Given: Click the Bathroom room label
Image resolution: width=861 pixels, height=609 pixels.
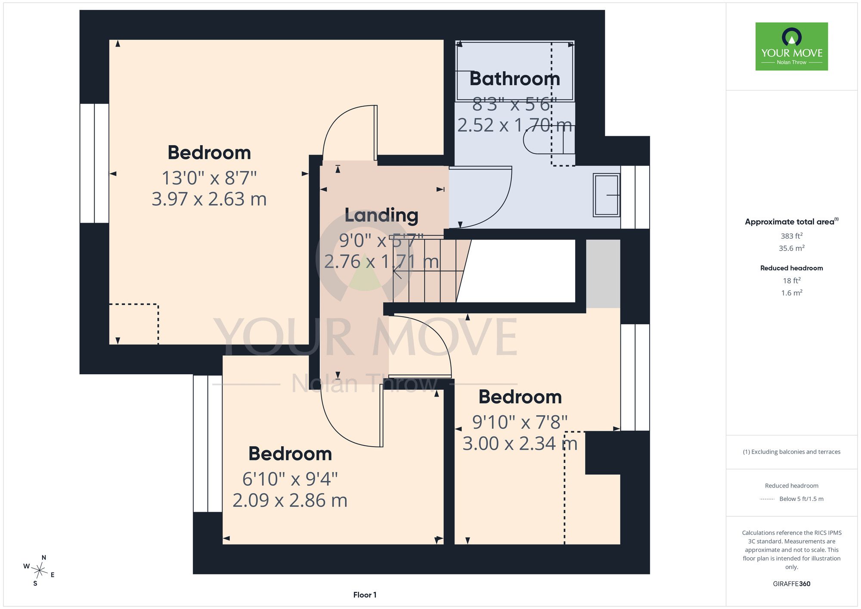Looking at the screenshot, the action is [x=515, y=79].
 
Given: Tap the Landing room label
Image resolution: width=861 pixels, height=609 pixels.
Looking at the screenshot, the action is [x=381, y=216].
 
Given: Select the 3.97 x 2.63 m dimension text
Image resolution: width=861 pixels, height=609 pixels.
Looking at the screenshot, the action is [x=209, y=199].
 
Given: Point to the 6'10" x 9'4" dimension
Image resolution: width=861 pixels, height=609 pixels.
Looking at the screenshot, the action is [x=290, y=479].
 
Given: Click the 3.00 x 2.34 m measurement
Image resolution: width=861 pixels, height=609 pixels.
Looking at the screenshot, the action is [x=520, y=444].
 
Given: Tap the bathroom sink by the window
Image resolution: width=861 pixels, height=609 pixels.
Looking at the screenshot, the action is [x=607, y=195].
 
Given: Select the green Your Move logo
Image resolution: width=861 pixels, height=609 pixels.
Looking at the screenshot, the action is [x=792, y=47].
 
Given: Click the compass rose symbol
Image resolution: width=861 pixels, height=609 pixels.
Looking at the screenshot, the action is [x=39, y=571].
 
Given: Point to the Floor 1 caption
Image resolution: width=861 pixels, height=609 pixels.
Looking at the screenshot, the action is [x=365, y=595].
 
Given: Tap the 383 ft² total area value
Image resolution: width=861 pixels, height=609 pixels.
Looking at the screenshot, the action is [x=792, y=236].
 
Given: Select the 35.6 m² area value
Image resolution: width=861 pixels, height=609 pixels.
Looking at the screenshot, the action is [x=792, y=248].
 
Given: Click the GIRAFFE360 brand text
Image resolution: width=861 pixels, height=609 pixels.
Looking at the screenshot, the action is [x=792, y=584].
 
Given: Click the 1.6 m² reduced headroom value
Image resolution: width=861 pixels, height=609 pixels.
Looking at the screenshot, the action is [x=792, y=293].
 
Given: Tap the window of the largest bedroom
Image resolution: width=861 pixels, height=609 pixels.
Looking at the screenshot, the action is [x=94, y=163].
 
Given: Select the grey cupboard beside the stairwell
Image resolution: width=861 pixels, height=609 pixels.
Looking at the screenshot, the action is [x=603, y=274].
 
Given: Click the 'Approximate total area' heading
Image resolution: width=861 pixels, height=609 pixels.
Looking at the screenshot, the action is [x=792, y=221].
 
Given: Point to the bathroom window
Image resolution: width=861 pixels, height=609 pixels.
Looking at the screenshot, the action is [x=635, y=197].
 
